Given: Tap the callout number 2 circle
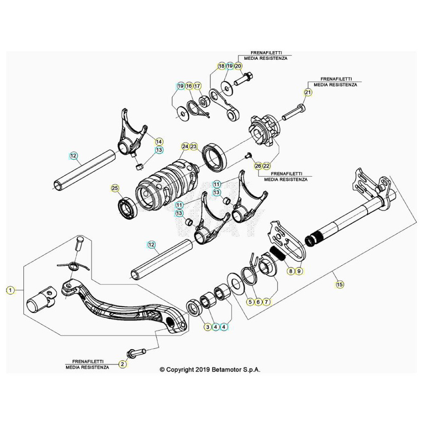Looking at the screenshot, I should (123, 364).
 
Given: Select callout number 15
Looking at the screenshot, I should (339, 284).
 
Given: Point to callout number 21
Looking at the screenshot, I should (307, 92).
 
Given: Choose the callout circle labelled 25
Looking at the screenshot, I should (114, 188).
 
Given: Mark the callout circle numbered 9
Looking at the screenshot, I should (298, 271).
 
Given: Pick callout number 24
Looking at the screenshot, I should (185, 147).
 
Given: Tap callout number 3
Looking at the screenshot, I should (207, 327).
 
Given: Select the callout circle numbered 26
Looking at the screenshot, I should (258, 166).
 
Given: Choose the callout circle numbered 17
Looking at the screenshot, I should (197, 86).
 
